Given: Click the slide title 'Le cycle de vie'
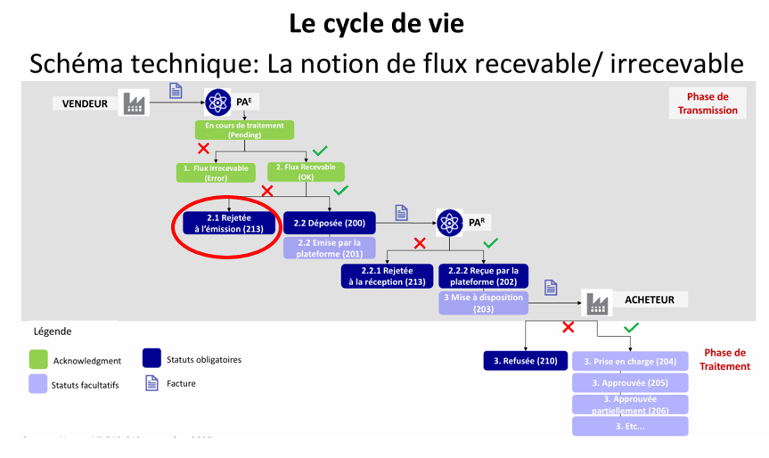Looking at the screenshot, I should tap(376, 23).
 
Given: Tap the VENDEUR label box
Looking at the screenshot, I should tap(86, 103).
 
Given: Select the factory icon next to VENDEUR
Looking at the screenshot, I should tap(134, 103).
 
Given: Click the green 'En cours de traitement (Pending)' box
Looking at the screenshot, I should tap(244, 130).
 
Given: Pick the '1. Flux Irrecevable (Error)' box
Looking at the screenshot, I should tap(217, 172).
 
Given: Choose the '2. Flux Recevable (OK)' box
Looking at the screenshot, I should tap(306, 172).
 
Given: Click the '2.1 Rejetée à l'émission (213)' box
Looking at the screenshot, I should tap(229, 223).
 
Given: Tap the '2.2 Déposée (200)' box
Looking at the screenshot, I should tap(329, 222).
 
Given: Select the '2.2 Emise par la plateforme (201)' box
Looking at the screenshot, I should tap(329, 248).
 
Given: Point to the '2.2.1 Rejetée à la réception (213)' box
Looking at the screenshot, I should tap(387, 275).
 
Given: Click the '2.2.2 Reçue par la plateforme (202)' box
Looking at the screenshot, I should tap(484, 275).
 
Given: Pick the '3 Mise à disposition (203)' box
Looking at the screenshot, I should tap(484, 303).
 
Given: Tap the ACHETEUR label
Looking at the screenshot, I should tap(650, 300).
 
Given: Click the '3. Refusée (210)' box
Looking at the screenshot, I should tap(526, 361).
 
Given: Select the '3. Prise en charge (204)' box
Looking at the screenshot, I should tap(630, 361).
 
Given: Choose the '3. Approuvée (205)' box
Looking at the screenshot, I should tap(630, 382).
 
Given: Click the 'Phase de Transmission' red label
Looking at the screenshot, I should tap(708, 103).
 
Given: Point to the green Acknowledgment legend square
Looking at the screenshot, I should tap(38, 359).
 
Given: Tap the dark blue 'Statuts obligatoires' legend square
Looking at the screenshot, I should tap(151, 358).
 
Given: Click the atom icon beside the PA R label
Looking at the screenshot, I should tap(450, 222).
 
